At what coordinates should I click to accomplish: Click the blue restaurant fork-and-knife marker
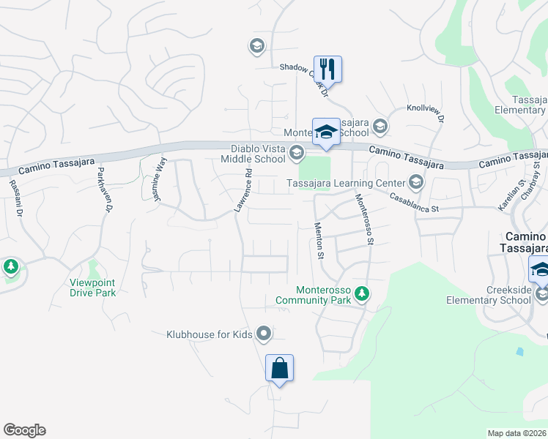tap(327, 69)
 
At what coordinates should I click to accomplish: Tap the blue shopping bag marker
tap(280, 367)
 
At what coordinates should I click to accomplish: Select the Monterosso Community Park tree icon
tap(361, 294)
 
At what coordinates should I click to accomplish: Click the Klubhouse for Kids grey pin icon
tap(264, 335)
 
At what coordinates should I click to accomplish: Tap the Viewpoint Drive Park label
tap(93, 288)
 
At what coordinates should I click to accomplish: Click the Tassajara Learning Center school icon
tap(416, 181)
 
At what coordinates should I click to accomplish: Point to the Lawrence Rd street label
tap(243, 192)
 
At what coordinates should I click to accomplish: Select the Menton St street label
tap(319, 241)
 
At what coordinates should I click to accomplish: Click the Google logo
tap(24, 430)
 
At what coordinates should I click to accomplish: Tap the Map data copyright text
tap(517, 433)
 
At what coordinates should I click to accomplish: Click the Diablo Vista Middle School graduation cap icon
tap(296, 153)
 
